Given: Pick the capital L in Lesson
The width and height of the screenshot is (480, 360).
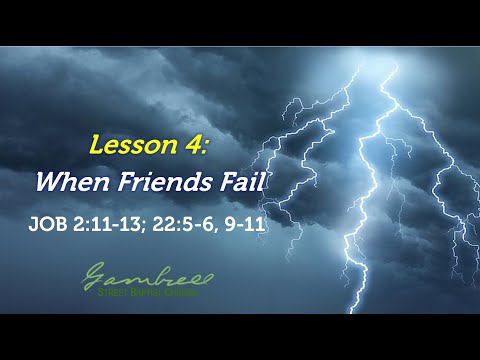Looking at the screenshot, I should [x=96, y=146].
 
